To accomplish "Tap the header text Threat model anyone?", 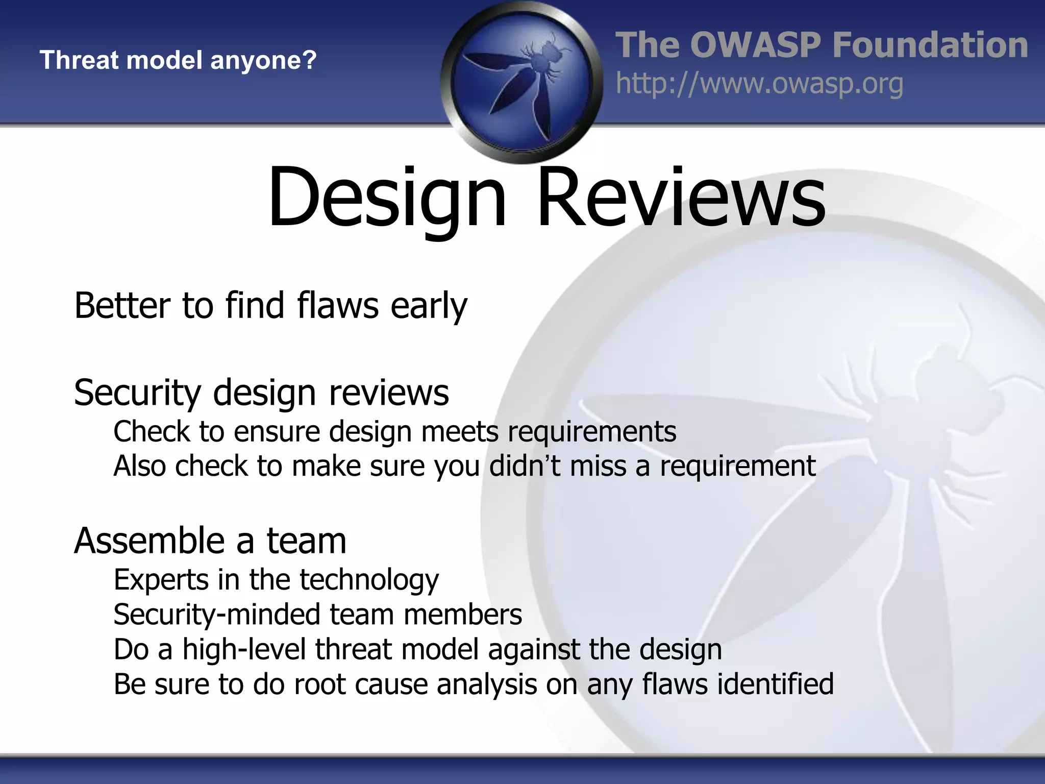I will coord(178,60).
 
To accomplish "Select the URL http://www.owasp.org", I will coord(759,84).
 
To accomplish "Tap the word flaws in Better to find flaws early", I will coord(338,306).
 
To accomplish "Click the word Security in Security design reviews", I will coord(138,394).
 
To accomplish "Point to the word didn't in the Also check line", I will coord(525,465).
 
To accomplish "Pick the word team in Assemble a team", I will coord(307,541).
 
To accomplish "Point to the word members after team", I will coord(462,615).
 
